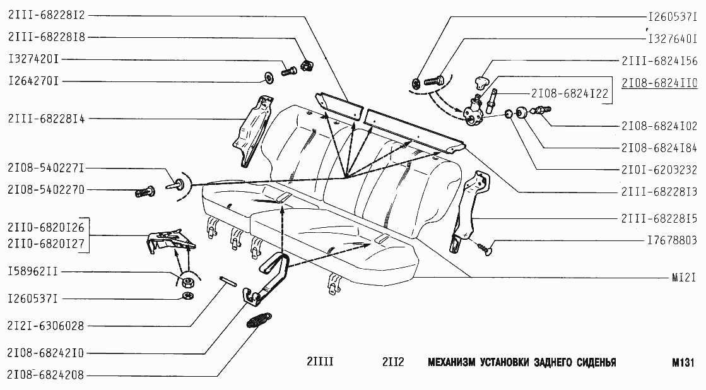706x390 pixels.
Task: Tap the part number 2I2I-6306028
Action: (45, 326)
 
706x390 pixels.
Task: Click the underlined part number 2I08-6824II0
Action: (659, 83)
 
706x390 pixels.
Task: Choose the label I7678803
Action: (671, 240)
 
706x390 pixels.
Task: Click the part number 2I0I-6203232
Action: (659, 169)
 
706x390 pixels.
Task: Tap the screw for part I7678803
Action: (486, 248)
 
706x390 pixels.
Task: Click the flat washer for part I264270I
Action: (268, 78)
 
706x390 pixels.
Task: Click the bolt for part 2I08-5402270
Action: (145, 191)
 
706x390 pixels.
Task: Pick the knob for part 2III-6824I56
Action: (483, 81)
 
